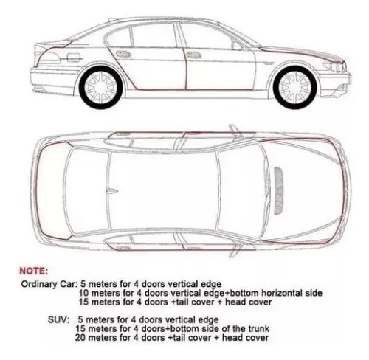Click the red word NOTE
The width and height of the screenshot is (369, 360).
tap(33, 271)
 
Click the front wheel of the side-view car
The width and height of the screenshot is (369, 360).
tap(294, 88)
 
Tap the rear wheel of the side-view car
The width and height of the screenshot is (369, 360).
tap(101, 88)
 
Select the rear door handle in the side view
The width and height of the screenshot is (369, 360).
tap(123, 54)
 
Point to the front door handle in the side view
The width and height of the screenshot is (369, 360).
tap(194, 55)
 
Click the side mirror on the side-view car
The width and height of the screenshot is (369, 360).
tap(238, 46)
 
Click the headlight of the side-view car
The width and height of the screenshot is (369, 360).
tap(334, 66)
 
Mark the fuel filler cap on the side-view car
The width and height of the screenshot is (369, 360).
tap(74, 58)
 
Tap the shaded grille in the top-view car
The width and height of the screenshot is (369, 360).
tap(278, 191)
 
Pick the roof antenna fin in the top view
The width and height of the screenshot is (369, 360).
tap(112, 191)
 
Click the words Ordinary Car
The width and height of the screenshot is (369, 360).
tap(49, 284)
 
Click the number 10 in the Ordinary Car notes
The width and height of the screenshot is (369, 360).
tap(83, 293)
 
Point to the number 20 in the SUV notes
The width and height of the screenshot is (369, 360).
tap(80, 338)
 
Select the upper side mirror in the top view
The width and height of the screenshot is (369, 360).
tap(234, 131)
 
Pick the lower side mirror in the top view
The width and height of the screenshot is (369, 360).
tap(235, 250)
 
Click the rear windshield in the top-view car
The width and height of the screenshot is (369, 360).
tap(86, 191)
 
